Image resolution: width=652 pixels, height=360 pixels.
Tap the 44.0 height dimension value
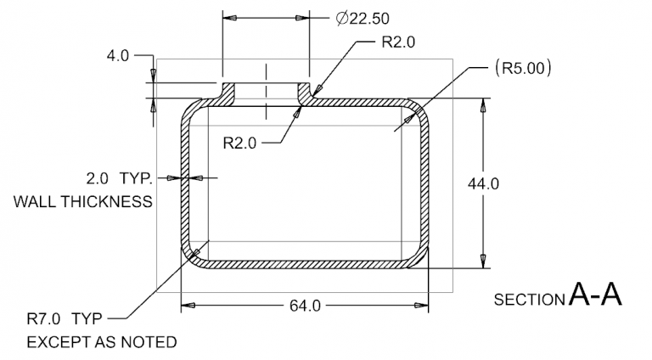click(483, 184)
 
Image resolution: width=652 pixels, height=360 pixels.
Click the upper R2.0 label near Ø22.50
click(398, 43)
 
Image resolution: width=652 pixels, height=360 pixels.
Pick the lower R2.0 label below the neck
click(239, 143)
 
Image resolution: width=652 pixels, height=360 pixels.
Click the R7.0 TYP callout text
click(64, 319)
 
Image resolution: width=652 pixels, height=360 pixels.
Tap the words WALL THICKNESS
click(83, 202)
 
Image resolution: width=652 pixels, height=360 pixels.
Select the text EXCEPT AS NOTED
click(102, 343)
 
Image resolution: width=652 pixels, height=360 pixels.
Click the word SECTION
click(529, 300)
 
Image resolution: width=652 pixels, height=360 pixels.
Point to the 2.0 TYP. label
click(118, 178)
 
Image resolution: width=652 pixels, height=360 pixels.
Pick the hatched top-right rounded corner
click(419, 109)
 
